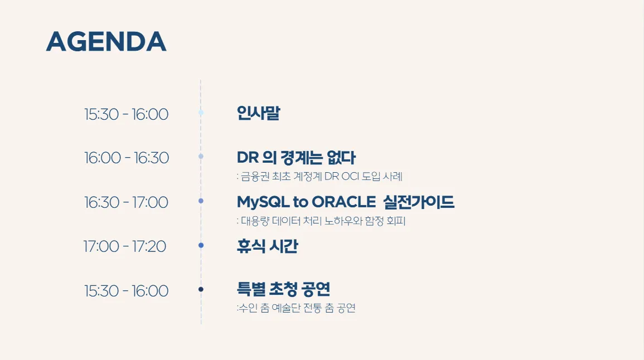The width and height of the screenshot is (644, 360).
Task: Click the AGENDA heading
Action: pyautogui.click(x=106, y=41)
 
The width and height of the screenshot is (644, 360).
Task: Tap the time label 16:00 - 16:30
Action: pyautogui.click(x=127, y=158)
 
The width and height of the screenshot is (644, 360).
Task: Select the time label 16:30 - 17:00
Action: pyautogui.click(x=126, y=202)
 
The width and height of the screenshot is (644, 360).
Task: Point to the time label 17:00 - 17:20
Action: pyautogui.click(x=125, y=246)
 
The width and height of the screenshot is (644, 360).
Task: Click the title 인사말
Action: pyautogui.click(x=258, y=113)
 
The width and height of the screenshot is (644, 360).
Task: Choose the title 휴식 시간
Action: pyautogui.click(x=268, y=246)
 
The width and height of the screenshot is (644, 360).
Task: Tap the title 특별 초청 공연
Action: pyautogui.click(x=283, y=289)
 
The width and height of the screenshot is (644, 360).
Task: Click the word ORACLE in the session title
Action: pyautogui.click(x=344, y=202)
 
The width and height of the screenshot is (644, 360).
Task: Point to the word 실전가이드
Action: pyautogui.click(x=419, y=202)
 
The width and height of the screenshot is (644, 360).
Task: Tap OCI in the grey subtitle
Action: pyautogui.click(x=350, y=177)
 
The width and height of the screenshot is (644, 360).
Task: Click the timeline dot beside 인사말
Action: pyautogui.click(x=201, y=113)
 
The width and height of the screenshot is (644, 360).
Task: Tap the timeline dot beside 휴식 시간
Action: pyautogui.click(x=201, y=245)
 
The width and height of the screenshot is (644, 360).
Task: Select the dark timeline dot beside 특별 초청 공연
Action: pyautogui.click(x=201, y=289)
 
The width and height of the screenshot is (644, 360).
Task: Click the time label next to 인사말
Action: pyautogui.click(x=126, y=114)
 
